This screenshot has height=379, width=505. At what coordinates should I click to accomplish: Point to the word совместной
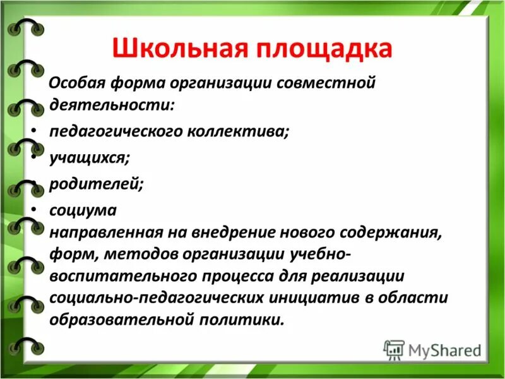(x=327, y=83)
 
